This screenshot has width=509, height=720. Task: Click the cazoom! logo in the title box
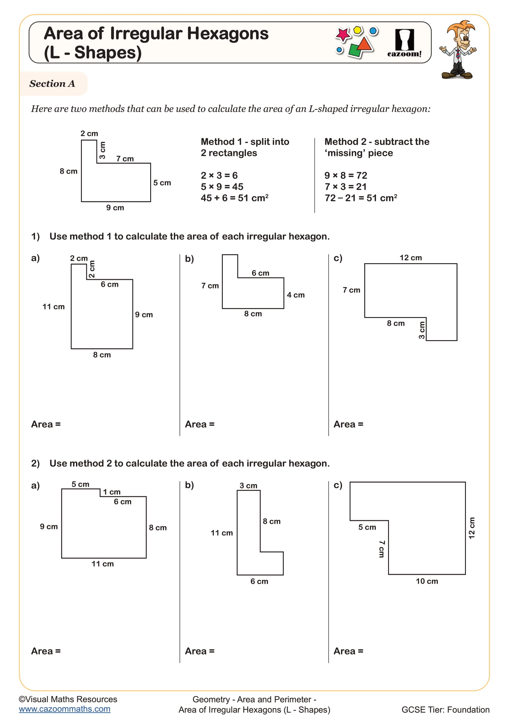click(x=404, y=43)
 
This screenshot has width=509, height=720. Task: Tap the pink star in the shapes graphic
click(x=343, y=34)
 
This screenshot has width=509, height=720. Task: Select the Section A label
click(x=52, y=83)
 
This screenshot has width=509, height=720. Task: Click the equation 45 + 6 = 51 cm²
click(x=234, y=198)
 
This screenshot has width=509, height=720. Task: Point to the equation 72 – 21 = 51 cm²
click(x=360, y=198)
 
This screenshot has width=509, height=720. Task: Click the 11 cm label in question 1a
click(x=54, y=307)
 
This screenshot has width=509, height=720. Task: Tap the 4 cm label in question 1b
click(x=295, y=295)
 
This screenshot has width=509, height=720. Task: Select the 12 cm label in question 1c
click(x=410, y=258)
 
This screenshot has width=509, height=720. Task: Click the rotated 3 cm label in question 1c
click(x=422, y=330)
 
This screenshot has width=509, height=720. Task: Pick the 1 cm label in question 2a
click(x=112, y=492)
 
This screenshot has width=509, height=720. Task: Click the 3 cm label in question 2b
click(x=248, y=486)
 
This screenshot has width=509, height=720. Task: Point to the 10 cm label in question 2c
click(x=427, y=581)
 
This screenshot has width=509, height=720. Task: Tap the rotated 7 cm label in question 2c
click(x=381, y=549)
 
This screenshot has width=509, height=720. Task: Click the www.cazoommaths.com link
click(x=65, y=709)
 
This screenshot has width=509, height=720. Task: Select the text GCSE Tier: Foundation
click(x=445, y=710)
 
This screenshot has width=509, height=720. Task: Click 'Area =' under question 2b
click(x=200, y=651)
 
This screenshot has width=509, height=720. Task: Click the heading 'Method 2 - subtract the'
click(x=377, y=142)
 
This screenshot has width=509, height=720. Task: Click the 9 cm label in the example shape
click(x=115, y=207)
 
